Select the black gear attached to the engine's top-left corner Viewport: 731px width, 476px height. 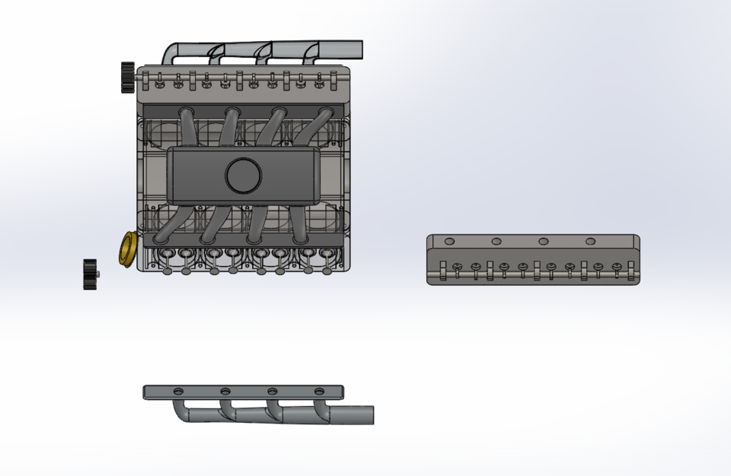pos(127,77)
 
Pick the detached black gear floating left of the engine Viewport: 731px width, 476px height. pos(91,274)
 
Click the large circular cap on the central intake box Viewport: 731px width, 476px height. pos(244,176)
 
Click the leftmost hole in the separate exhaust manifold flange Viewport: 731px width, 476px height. pos(178,391)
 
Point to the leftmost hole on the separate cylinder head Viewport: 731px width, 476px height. pos(449,241)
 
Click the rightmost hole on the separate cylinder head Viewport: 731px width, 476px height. pos(590,241)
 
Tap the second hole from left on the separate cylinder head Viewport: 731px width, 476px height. pos(496,241)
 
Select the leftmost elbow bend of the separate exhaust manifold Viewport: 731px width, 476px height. pos(184,411)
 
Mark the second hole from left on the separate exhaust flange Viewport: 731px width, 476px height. pos(225,391)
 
